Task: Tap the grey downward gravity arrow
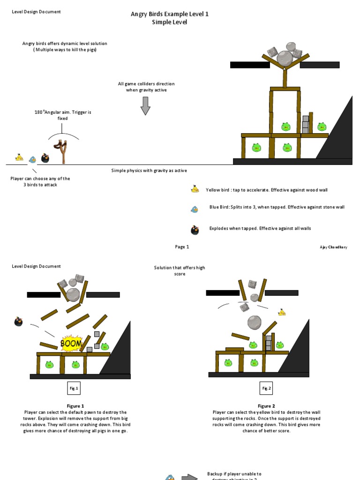point(145,105)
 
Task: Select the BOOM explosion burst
point(71,344)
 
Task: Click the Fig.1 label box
point(74,388)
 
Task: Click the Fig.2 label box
point(266,388)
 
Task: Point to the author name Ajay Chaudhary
point(333,247)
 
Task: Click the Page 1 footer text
point(181,247)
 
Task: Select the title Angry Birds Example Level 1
point(169,14)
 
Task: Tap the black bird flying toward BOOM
point(18,322)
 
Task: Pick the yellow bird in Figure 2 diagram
point(282,312)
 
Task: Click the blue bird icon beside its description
point(195,209)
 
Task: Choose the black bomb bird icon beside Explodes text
point(195,230)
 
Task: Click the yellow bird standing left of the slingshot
point(19,157)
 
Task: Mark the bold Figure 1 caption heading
point(75,406)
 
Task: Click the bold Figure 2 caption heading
point(266,406)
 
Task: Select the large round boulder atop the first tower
point(285,59)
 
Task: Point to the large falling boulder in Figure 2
point(254,322)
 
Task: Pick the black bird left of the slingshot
point(45,158)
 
